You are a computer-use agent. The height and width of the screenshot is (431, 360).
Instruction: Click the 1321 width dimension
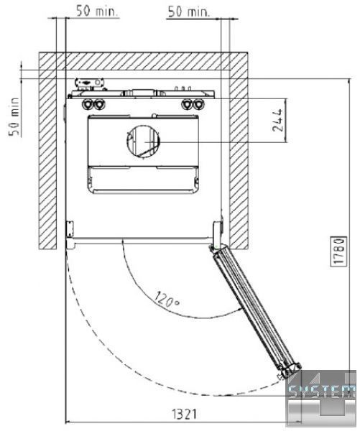[185, 414]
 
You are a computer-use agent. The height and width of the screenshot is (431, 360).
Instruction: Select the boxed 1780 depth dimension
[338, 251]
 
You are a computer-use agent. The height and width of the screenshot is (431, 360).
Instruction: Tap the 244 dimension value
[278, 120]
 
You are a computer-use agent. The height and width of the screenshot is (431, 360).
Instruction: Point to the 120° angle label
[167, 299]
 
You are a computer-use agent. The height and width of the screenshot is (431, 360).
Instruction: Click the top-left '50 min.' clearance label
[97, 11]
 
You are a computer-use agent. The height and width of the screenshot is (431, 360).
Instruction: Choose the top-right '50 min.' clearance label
[189, 12]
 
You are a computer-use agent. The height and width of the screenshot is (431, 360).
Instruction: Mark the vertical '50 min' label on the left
[14, 116]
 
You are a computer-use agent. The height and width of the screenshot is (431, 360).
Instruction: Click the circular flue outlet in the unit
[143, 142]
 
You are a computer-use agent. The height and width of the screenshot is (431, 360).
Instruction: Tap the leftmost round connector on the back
[88, 104]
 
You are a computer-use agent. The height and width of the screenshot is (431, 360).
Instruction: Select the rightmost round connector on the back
[198, 104]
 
